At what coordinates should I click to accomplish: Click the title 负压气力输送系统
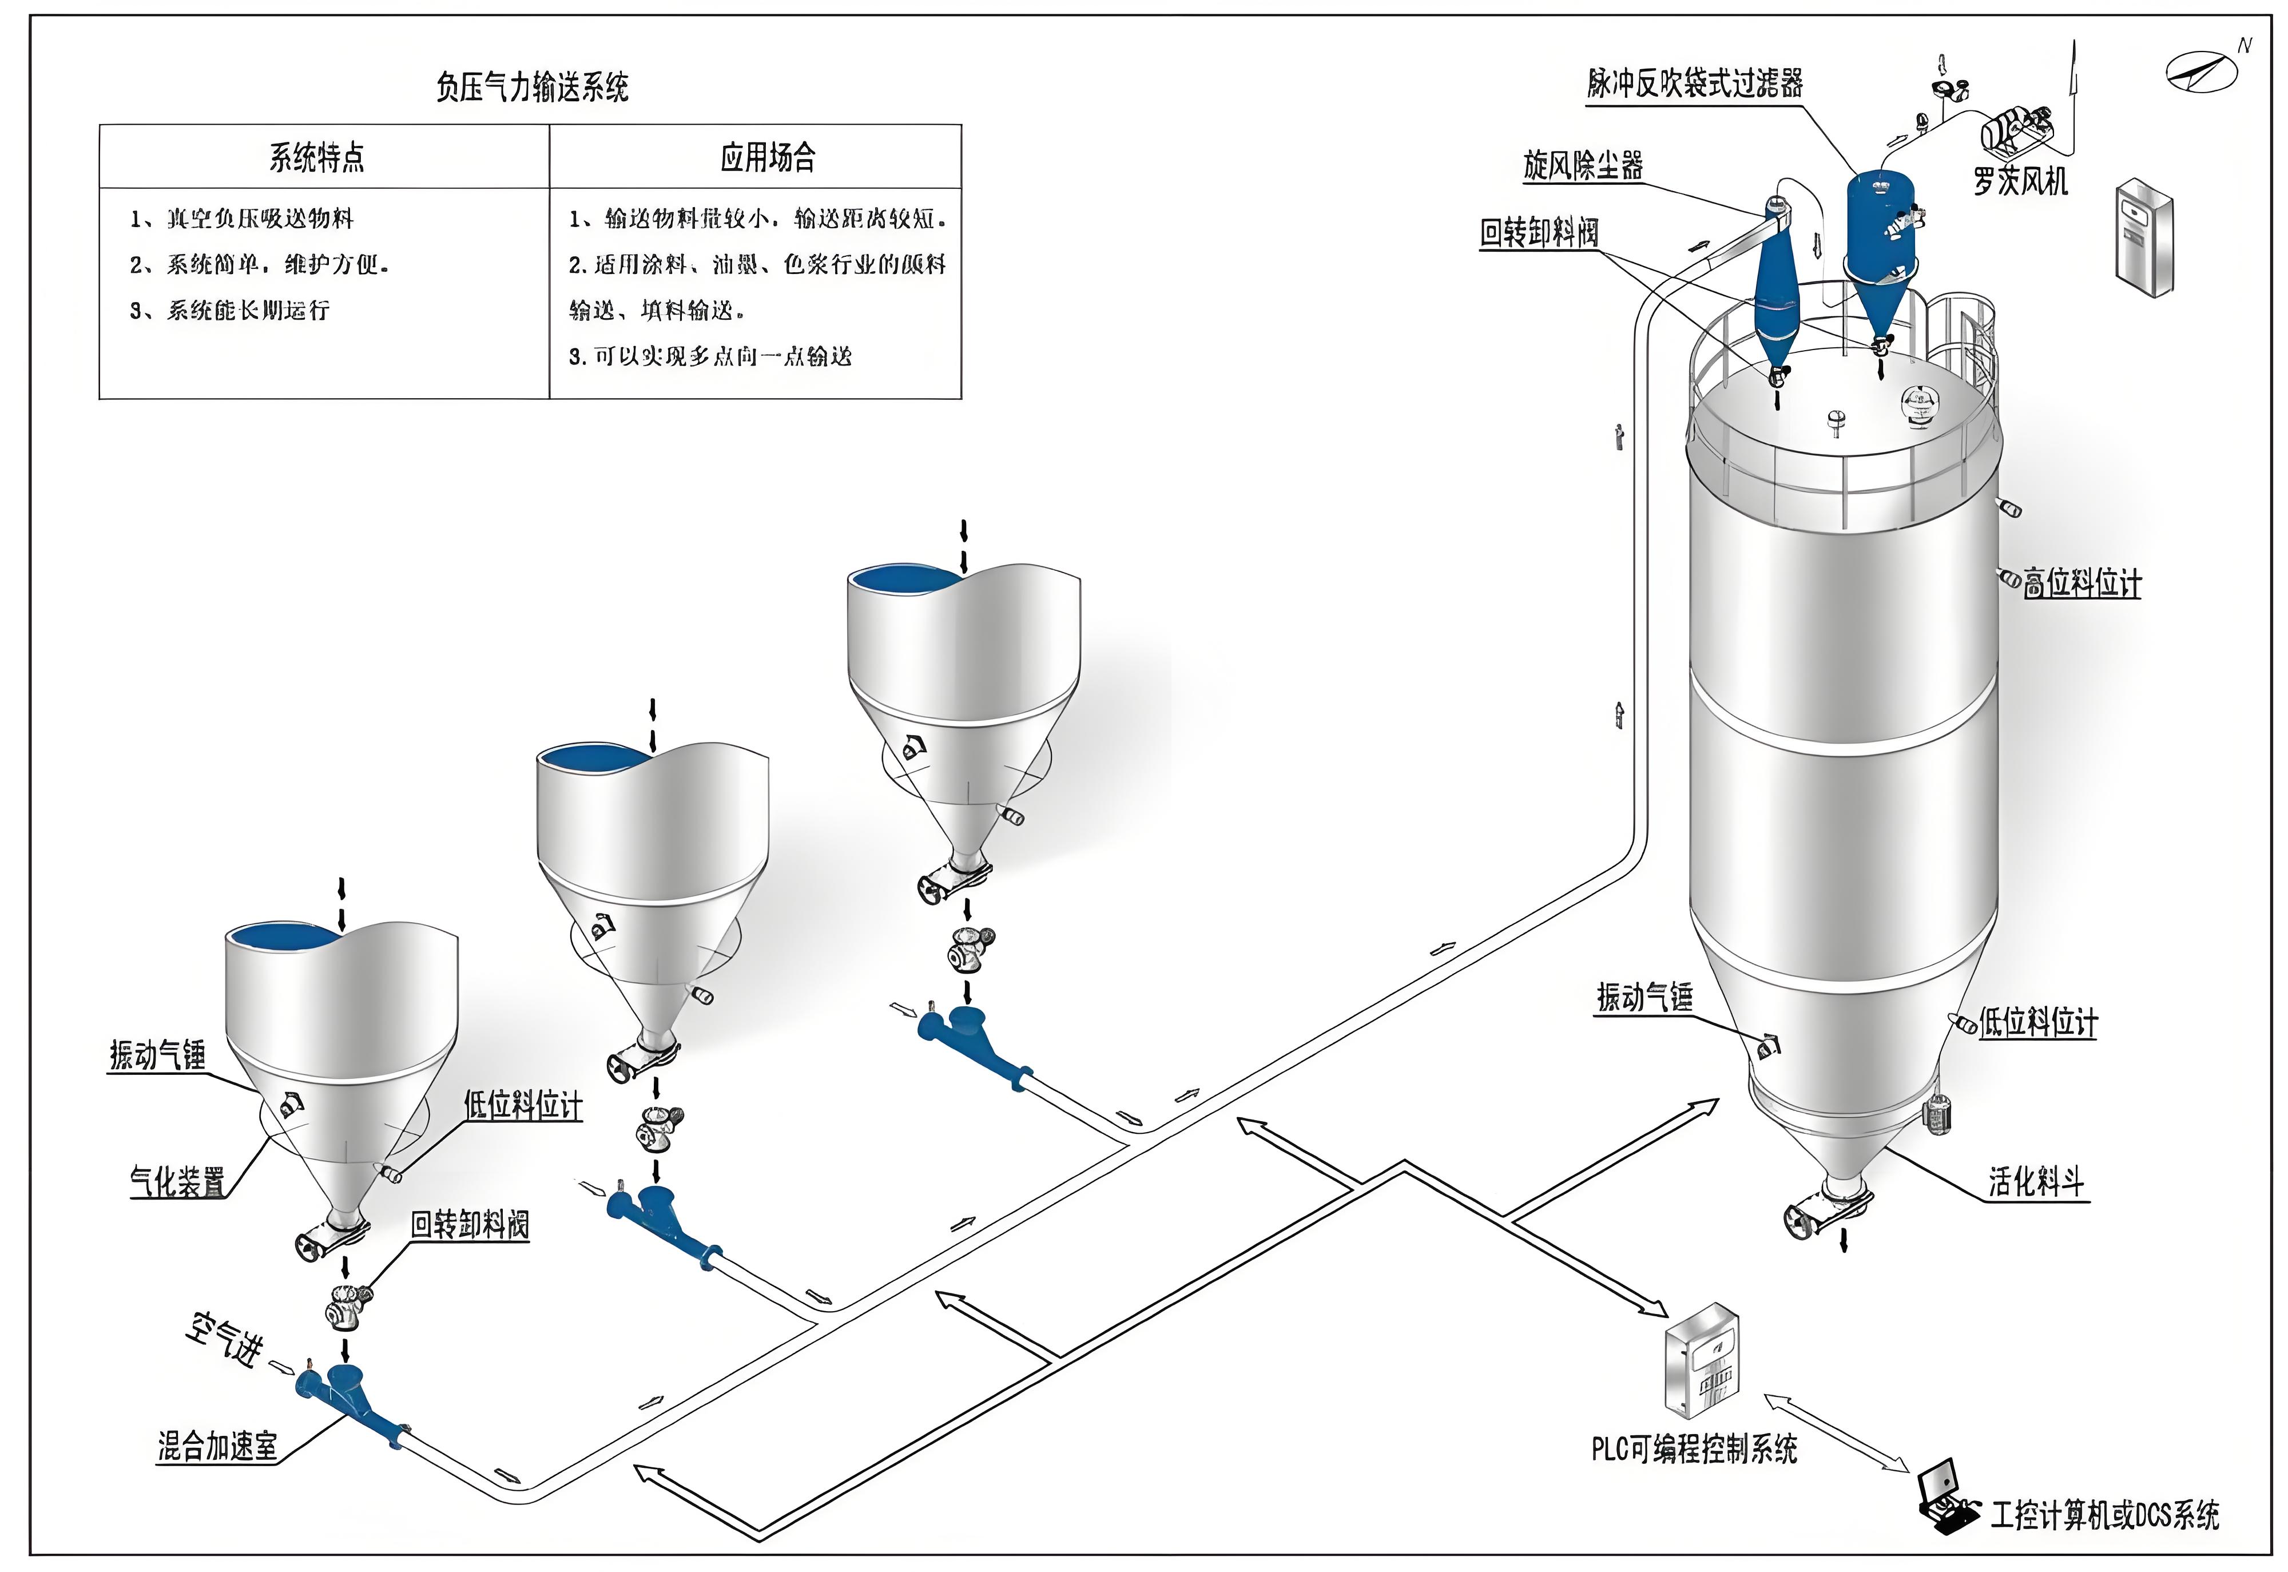[x=532, y=88]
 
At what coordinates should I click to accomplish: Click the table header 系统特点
[x=317, y=157]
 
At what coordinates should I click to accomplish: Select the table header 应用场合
[x=768, y=157]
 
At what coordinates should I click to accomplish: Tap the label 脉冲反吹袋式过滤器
[x=1694, y=84]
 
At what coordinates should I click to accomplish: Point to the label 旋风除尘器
[x=1583, y=165]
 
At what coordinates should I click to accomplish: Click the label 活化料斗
[x=2036, y=1181]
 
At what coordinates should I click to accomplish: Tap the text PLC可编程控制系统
[x=1694, y=1450]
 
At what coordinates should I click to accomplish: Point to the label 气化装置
[x=177, y=1181]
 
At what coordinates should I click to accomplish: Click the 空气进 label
[x=225, y=1340]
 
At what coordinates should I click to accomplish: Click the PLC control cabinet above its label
[x=1701, y=1361]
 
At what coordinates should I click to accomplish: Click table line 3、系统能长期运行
[x=229, y=310]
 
